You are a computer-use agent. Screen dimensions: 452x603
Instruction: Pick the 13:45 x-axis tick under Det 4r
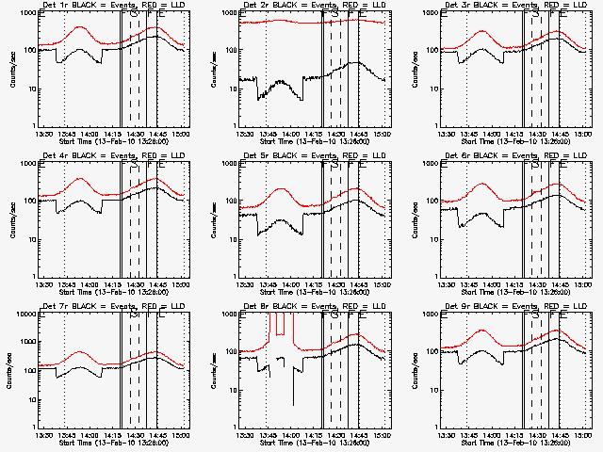tap(66, 283)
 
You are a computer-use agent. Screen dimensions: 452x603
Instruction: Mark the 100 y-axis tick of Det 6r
tap(431, 202)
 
